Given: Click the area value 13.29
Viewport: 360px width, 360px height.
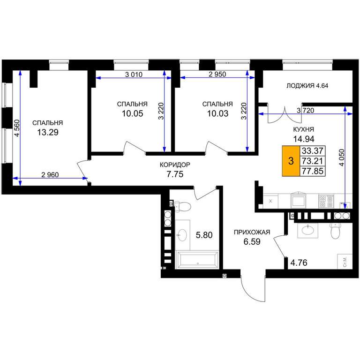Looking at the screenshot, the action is point(48,132).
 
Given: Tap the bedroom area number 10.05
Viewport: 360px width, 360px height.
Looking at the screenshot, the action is point(133,113).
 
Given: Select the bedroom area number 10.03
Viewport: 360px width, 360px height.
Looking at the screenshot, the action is point(217,113).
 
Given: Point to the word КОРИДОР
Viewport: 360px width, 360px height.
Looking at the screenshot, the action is point(175,165).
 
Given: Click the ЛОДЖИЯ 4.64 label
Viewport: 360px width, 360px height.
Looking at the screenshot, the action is point(307,86).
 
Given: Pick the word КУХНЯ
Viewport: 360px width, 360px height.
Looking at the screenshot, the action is point(304,129).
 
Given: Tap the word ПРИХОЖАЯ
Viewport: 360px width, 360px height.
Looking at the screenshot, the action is point(252,232).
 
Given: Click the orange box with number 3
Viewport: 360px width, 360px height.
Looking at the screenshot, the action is point(291,161).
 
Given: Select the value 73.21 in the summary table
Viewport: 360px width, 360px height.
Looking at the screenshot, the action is point(313,161).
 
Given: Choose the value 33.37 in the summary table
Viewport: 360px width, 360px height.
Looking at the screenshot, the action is point(313,151).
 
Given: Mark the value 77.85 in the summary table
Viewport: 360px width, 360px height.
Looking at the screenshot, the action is point(313,171).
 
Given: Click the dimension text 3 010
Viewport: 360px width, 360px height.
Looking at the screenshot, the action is point(134,75).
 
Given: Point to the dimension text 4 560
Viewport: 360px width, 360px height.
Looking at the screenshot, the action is point(17,128).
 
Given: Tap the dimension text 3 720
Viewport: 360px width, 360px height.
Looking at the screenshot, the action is point(305,111).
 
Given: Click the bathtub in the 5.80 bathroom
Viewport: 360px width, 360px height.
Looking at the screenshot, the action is point(197,260).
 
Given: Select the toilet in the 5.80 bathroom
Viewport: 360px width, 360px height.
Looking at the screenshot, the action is point(182,206).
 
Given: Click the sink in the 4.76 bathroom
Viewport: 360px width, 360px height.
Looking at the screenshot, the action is point(307,230).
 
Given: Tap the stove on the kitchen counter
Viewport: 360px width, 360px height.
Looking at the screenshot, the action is point(326,202).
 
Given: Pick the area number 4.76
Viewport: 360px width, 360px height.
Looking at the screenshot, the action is point(299,262).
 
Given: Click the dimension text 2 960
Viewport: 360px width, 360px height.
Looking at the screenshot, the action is point(50,175).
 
